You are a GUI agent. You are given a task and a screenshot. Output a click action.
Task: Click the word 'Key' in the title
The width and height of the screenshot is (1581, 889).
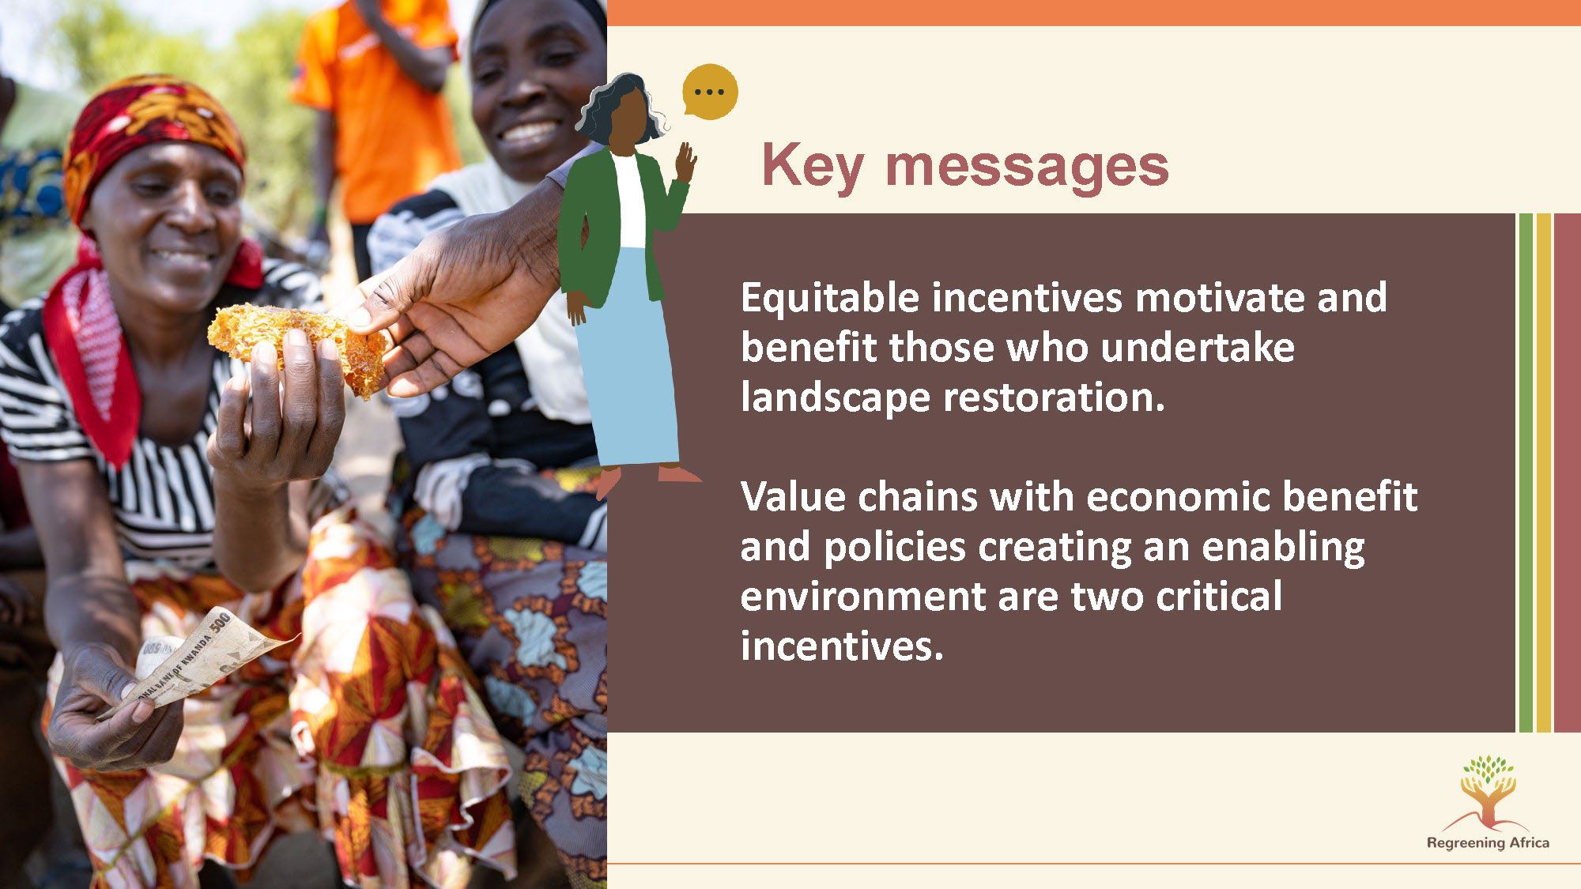coord(813,167)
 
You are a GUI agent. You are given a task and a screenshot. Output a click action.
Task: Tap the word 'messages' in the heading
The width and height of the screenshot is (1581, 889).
coord(1027,168)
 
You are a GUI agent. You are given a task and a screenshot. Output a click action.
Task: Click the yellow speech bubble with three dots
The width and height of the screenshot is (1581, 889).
coord(710,92)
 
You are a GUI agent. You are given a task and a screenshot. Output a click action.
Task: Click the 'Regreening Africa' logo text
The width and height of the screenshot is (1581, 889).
coord(1488,842)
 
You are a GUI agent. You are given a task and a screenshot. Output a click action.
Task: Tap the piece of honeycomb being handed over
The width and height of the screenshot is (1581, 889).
coord(297,345)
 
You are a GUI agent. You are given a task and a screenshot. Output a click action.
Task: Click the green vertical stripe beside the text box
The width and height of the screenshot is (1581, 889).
coord(1526,473)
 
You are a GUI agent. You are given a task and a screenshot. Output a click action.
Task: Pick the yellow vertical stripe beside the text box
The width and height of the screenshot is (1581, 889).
coord(1543,473)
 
